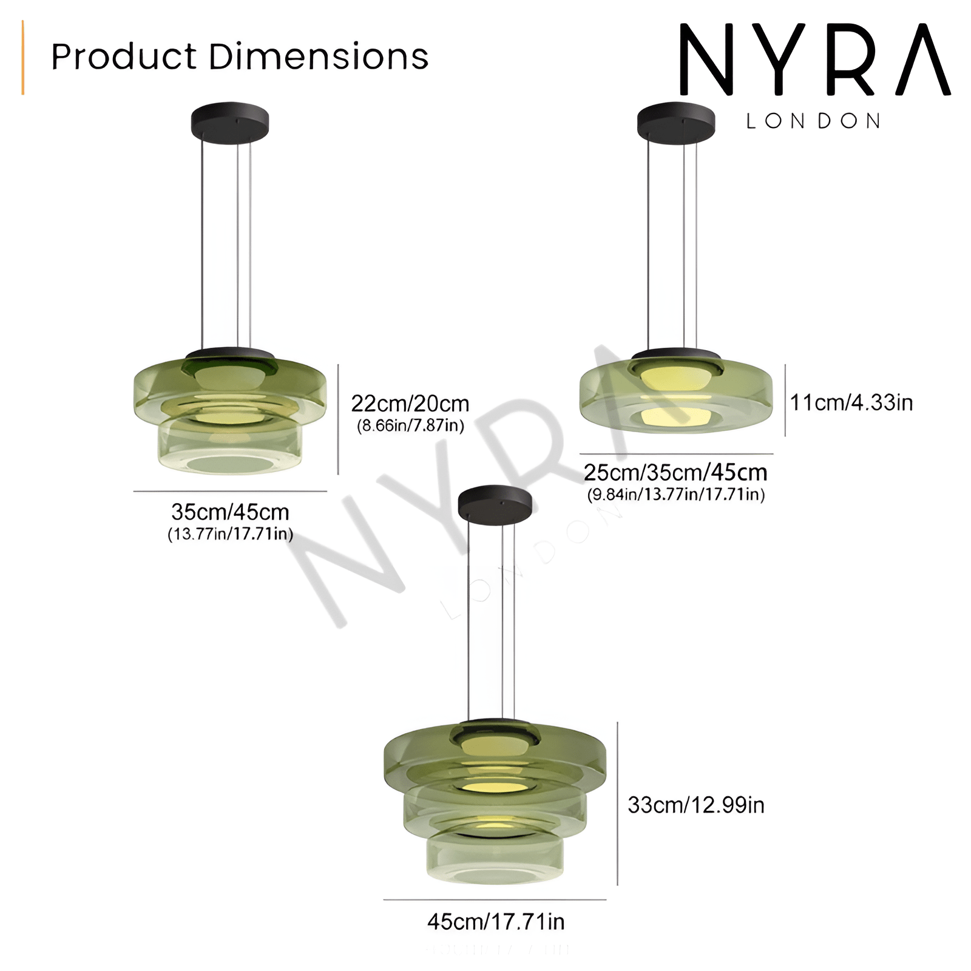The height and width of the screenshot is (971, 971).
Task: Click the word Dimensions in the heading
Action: (319, 56)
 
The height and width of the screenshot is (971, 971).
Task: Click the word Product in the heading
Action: (124, 56)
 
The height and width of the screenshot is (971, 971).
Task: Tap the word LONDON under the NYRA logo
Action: (813, 121)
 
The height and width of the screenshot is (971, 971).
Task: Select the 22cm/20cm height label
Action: (410, 404)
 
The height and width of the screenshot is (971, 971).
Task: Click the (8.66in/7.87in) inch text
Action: (410, 425)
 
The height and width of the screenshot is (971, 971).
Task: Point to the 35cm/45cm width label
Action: (230, 512)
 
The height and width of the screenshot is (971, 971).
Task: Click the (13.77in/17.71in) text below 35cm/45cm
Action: (230, 534)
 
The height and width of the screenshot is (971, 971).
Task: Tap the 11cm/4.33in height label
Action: (851, 402)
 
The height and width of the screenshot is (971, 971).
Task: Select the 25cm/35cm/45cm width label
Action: (675, 472)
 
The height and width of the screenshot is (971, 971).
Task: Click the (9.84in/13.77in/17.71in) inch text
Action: (675, 494)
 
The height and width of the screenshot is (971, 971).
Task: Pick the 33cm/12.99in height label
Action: (695, 805)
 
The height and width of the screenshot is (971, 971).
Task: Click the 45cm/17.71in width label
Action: (496, 921)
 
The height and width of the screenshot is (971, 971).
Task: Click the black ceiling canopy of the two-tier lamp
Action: (230, 121)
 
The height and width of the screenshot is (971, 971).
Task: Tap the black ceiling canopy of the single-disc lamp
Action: (675, 121)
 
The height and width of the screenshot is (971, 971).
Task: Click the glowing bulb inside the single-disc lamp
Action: (675, 376)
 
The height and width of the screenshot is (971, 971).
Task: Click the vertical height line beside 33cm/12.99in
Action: (617, 804)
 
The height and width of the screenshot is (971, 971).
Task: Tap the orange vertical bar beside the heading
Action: (23, 58)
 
